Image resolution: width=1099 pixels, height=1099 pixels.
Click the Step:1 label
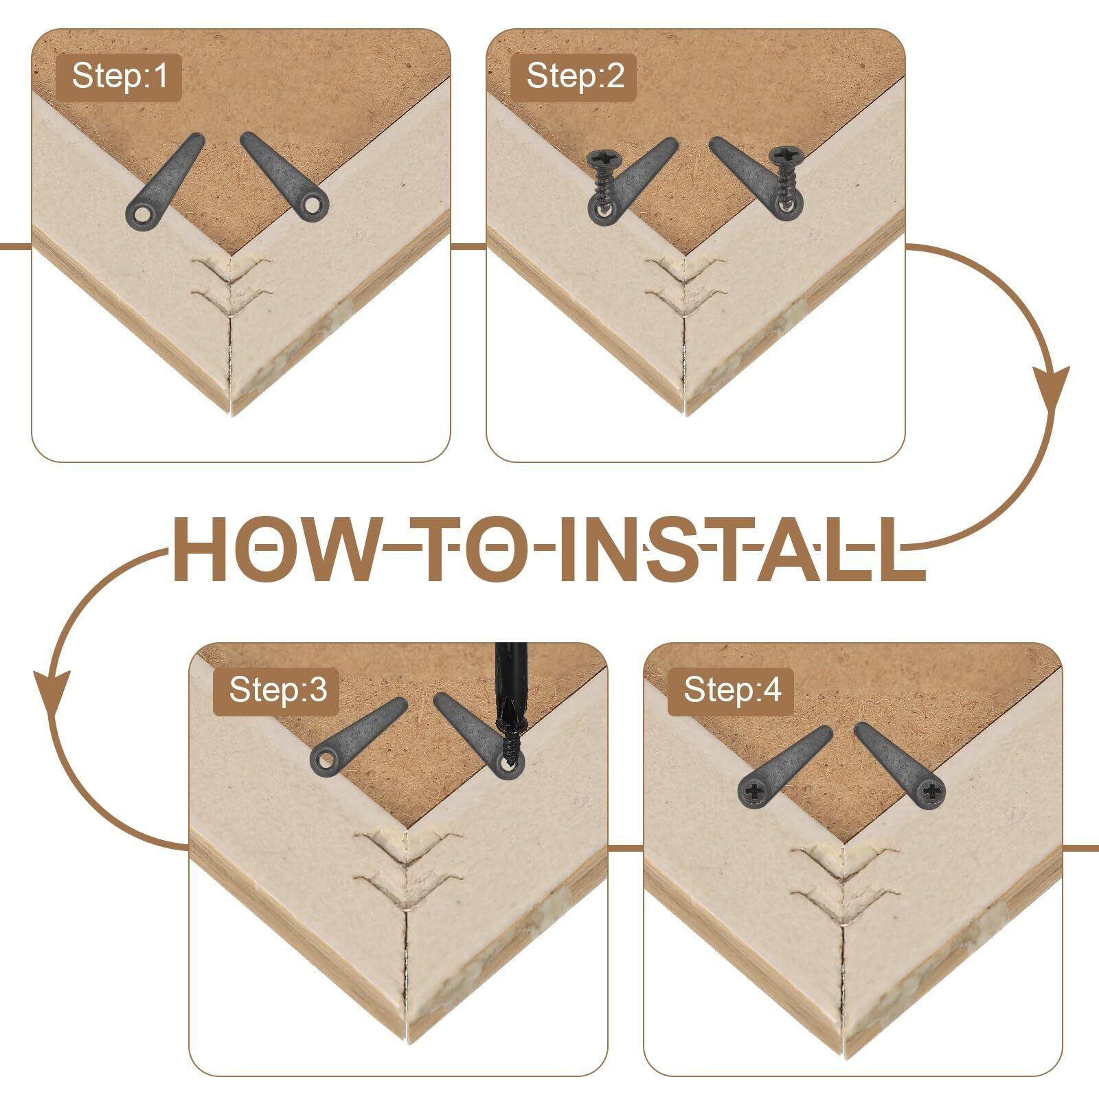(119, 76)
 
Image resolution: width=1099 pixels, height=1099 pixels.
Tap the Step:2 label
(574, 76)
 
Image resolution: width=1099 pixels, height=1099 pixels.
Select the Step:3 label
(277, 689)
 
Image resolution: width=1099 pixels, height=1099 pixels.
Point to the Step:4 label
(732, 689)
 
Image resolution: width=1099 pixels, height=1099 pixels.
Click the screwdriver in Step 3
(508, 701)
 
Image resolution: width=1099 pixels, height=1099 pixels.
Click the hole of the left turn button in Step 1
(142, 216)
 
